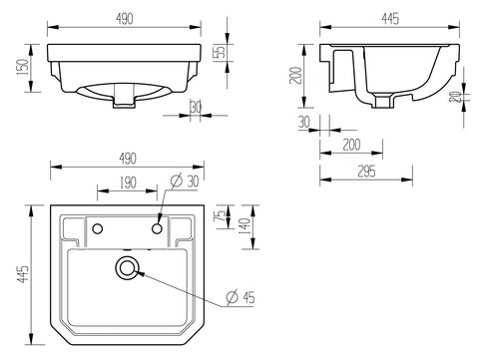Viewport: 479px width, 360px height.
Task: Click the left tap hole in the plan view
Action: (x=97, y=230)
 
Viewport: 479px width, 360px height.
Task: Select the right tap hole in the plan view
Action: (x=158, y=230)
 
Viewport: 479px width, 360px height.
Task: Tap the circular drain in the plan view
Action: (x=127, y=267)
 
